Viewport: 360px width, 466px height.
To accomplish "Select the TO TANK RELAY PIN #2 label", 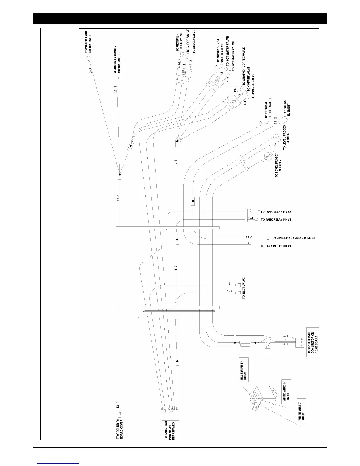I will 276,212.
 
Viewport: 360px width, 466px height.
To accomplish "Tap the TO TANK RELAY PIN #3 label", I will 276,246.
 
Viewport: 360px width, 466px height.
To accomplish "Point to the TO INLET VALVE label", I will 244,288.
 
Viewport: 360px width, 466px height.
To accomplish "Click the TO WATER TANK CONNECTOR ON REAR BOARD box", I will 313,342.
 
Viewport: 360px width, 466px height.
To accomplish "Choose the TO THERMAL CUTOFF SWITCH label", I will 268,106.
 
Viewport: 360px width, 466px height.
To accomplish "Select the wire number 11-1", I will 249,237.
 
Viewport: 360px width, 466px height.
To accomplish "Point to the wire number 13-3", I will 91,71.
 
